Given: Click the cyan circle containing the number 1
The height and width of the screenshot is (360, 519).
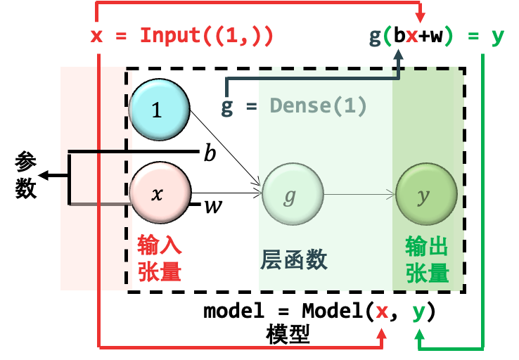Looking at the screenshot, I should point(158,110).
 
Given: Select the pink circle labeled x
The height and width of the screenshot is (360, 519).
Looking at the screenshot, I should point(159,193).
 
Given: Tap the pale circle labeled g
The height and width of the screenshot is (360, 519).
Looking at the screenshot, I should point(293,194).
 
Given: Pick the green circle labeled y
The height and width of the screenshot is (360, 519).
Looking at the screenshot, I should point(426,194).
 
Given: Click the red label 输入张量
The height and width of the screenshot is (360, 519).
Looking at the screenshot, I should point(159,259).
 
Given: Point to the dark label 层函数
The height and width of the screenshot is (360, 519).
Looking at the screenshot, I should point(294,259).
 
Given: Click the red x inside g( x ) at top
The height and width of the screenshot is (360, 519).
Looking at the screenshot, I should point(412,35).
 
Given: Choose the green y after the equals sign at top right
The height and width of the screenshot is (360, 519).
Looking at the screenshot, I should point(498,35).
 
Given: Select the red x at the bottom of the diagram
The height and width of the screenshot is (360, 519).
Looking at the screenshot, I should point(382,311).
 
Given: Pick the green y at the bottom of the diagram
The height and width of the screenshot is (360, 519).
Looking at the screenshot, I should point(418,311).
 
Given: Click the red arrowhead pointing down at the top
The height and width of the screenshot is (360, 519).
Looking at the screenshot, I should point(420,18).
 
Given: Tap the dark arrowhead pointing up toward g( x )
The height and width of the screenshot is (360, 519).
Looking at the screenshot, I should point(399,54).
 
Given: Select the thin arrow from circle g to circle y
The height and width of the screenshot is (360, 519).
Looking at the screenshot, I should point(359,194).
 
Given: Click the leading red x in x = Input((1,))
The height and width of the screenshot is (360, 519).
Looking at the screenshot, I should point(96,35).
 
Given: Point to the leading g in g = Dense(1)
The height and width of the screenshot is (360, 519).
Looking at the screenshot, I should point(227,106).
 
